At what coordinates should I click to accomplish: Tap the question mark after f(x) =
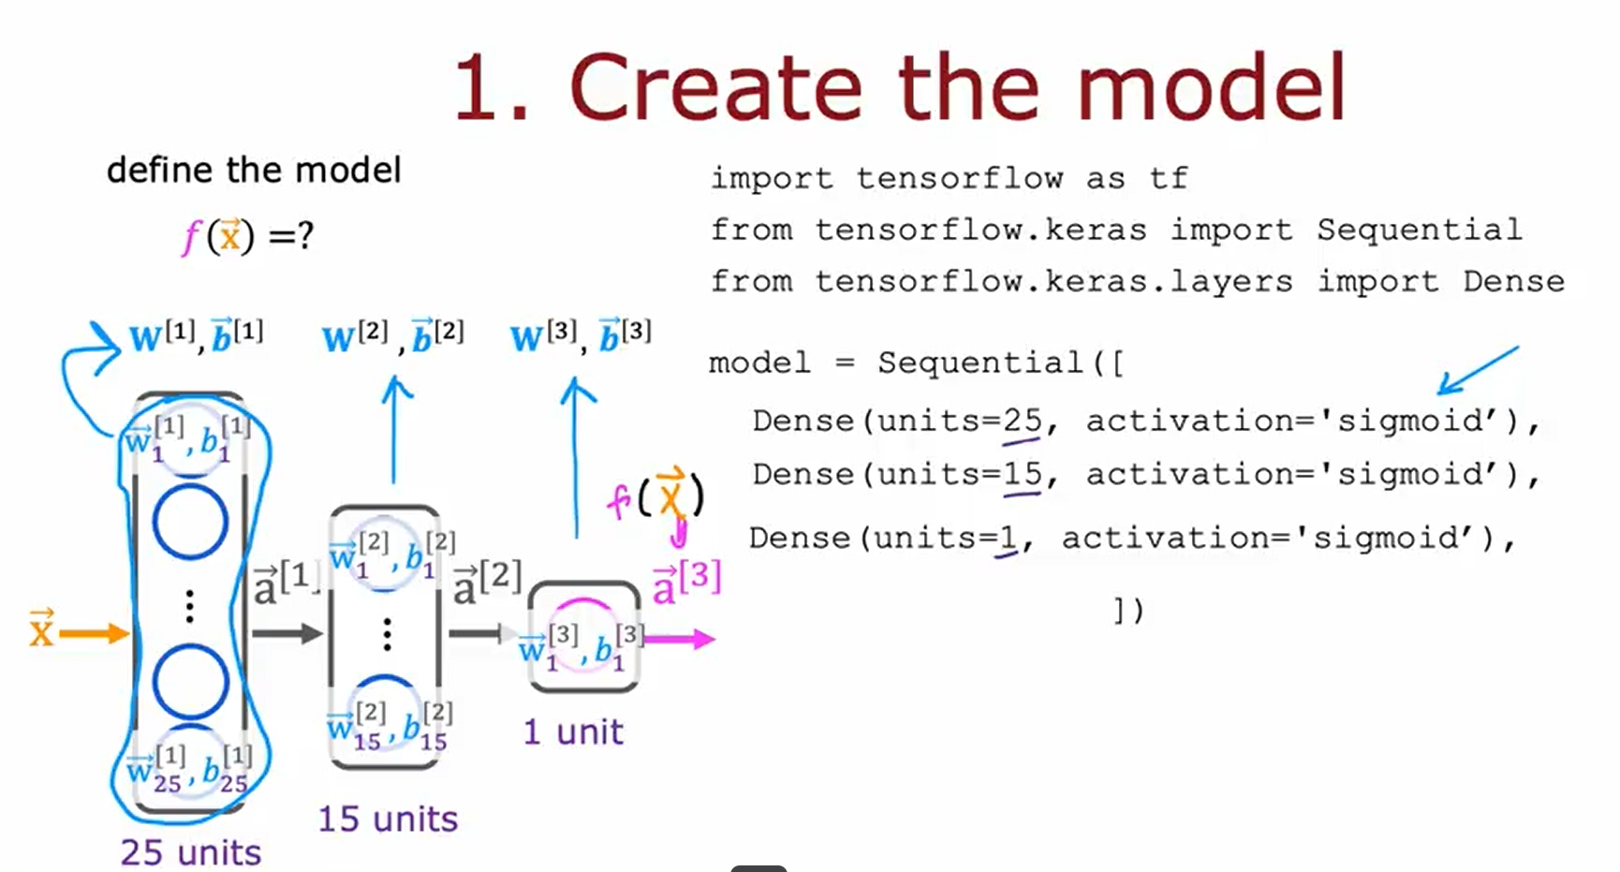304,236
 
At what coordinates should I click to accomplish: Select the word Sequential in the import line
1419,229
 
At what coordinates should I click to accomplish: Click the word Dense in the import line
1513,281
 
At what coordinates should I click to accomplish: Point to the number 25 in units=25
1022,421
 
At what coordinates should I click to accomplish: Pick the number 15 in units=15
1022,474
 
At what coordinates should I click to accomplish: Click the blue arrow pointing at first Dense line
1477,371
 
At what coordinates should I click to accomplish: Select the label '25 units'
191,852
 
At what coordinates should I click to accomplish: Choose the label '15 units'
388,819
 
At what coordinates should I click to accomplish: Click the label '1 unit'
573,732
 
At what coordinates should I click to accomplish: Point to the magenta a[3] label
686,582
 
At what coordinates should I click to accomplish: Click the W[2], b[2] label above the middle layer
392,336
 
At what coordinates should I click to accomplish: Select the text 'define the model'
254,170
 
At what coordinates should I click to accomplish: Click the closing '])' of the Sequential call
1128,611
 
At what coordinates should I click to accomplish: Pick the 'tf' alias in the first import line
1170,178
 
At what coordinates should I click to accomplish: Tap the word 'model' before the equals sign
759,362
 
